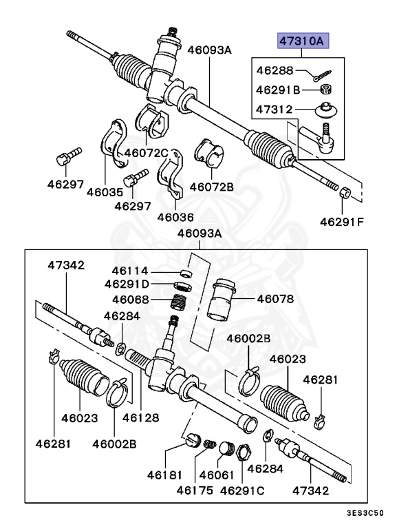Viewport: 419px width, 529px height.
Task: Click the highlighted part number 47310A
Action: [x=303, y=41]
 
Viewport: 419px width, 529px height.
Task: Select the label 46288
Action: [x=275, y=70]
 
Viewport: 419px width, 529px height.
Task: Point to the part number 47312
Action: [x=275, y=110]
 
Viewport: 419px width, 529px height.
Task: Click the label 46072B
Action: [x=212, y=186]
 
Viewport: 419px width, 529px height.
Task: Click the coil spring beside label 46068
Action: [x=180, y=302]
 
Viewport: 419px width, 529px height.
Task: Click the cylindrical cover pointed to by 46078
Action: [x=222, y=300]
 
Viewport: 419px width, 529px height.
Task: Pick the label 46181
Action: [x=165, y=475]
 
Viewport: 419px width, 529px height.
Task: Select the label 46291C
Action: [x=242, y=490]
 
